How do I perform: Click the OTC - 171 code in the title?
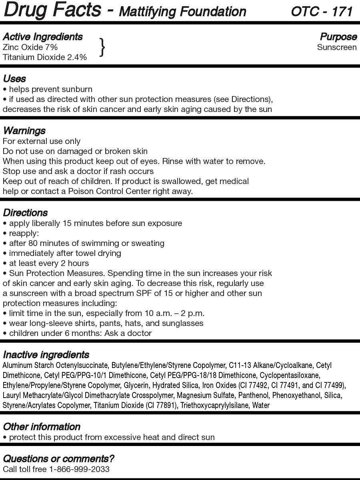point(322,11)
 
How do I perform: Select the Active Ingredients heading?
point(42,37)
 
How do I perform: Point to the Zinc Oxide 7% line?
point(30,47)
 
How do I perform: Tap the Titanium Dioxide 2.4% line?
point(44,57)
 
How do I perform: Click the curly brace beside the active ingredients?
point(102,47)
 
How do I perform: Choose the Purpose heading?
point(338,37)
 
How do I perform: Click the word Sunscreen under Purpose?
point(337,47)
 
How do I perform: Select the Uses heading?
point(14,78)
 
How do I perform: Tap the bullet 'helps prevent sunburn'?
point(48,89)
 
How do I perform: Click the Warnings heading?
point(24,131)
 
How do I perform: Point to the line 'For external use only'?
point(42,141)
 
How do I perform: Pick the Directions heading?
point(25,213)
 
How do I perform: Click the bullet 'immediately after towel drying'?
point(62,253)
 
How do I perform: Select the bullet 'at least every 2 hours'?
point(46,263)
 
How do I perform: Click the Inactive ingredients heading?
point(46,355)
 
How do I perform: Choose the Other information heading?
point(42,427)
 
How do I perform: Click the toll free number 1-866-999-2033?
point(79,469)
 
